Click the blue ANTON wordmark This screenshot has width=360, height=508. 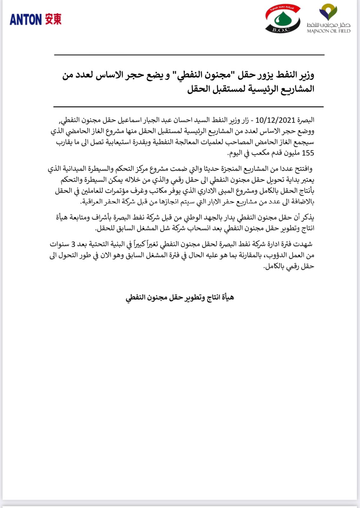pos(25,20)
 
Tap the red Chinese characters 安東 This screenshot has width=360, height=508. pos(53,19)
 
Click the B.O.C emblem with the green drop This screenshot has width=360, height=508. pos(282,20)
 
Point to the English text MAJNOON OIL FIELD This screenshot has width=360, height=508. pos(329,31)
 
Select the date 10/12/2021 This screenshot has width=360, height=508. pos(275,120)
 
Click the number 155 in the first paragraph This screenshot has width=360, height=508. pos(308,153)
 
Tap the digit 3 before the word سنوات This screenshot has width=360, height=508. pos(73,244)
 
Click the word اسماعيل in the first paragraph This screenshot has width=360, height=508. pos(130,120)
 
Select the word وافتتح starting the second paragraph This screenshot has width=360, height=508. pos(304,169)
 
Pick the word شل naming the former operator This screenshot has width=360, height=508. pos(166,228)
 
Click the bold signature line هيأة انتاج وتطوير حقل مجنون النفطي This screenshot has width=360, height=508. pos(180,297)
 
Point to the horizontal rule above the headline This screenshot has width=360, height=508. pos(189,55)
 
